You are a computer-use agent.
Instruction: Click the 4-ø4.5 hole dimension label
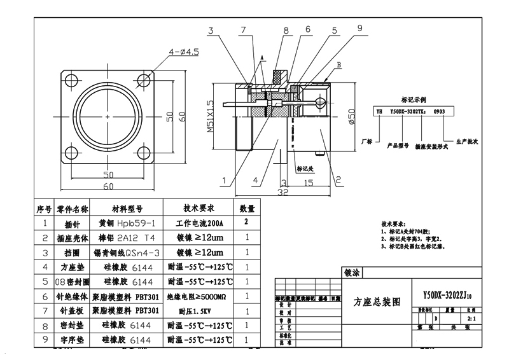(184, 52)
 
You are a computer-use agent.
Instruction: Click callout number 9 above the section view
(359, 28)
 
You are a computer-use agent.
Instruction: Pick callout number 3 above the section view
(211, 30)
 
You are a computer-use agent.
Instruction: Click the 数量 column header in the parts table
(247, 209)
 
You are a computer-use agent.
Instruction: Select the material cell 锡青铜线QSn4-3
(125, 253)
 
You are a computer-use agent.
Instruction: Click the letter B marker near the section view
(339, 66)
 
